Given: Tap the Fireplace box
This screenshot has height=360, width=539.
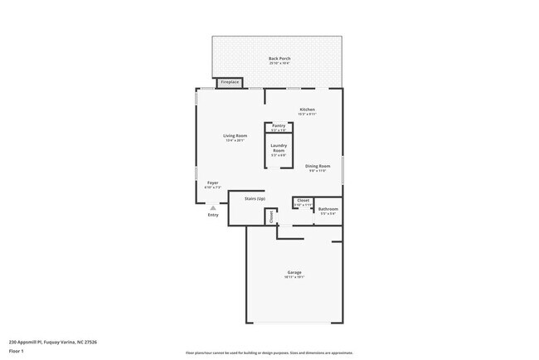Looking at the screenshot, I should click(x=229, y=82).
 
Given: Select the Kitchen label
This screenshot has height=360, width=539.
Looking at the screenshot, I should click(x=307, y=109).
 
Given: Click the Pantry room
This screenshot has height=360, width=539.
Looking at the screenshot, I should click(x=279, y=127).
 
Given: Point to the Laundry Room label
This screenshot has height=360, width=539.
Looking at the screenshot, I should click(x=279, y=148).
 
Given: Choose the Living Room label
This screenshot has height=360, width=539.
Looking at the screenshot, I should click(x=235, y=136).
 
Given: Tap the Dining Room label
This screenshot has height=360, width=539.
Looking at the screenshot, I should click(x=318, y=166).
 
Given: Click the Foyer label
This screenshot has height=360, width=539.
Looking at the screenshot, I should click(x=213, y=182).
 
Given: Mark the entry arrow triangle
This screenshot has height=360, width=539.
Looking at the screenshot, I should click(x=213, y=207).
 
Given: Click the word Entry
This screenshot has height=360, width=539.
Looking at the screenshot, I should click(x=213, y=216).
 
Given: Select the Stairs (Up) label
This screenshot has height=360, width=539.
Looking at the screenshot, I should click(x=255, y=199).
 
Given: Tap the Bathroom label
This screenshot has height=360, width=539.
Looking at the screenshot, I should click(x=328, y=209).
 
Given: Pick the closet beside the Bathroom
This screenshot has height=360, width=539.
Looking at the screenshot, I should click(x=303, y=202).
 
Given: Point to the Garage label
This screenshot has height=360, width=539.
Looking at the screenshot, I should click(x=294, y=272).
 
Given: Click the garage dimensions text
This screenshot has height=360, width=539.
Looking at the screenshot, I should click(x=294, y=277).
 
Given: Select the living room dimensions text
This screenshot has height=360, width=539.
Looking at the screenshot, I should click(x=235, y=141).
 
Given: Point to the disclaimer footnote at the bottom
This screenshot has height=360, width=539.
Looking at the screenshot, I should click(x=269, y=352).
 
